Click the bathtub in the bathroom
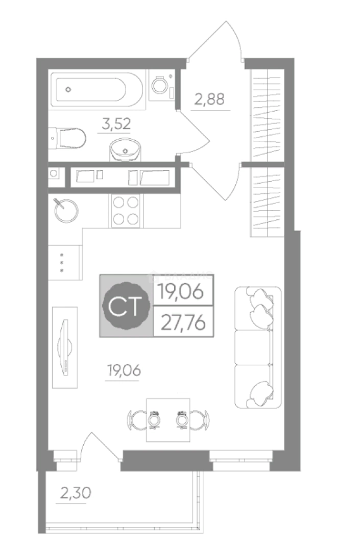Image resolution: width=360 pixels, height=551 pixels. point(97,89)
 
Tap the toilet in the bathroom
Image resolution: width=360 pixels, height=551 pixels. point(68,138)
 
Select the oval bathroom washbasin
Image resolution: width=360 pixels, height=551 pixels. point(125,150)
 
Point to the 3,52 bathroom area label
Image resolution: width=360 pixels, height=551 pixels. point(116,124)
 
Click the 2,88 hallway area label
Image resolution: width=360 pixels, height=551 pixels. point(209,99)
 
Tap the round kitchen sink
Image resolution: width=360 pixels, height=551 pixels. point(66,211)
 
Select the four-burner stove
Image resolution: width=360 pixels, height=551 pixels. point(126,211)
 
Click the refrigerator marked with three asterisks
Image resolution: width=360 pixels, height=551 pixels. point(65,262)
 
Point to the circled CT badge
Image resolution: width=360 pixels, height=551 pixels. point(125,306)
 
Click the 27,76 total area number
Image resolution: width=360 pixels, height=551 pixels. point(183,322)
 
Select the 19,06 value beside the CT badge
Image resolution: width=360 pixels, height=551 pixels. point(181,291)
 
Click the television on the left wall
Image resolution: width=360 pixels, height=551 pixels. point(65,347)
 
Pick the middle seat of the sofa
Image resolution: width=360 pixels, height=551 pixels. point(254,347)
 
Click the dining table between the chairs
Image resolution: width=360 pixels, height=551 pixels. point(168,419)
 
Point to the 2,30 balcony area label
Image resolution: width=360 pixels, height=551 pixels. point(76,493)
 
